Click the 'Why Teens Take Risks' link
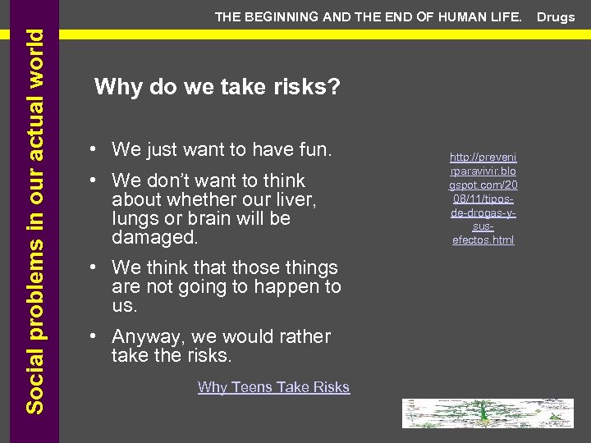[273, 387]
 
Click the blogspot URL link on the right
[483, 198]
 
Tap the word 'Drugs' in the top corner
[556, 17]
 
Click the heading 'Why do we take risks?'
[218, 86]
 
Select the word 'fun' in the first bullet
[313, 149]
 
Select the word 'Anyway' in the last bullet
[142, 336]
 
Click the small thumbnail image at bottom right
[487, 413]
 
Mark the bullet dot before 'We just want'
[97, 150]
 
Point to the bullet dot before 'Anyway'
[97, 337]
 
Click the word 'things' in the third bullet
[308, 267]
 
